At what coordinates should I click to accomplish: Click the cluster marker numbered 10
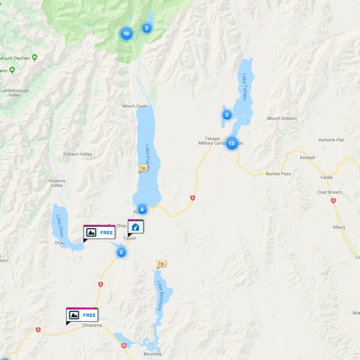pos(126,33)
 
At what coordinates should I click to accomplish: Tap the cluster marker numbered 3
pos(146,28)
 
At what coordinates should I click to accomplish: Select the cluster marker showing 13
pos(231,143)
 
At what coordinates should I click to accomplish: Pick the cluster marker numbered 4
pos(142,210)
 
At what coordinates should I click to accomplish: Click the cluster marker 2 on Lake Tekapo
pos(227,114)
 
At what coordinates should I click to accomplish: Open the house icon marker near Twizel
pos(135,228)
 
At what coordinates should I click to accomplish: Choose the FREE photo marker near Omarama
pos(82,315)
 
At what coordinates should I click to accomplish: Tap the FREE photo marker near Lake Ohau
pos(99,233)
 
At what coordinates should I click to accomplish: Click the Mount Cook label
pos(135,107)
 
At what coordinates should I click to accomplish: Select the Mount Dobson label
pos(282,119)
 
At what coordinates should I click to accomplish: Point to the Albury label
pos(338,228)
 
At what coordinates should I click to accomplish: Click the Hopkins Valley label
pos(57,183)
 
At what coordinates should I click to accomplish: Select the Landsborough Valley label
pos(15,94)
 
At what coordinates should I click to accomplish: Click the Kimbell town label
pos(307,157)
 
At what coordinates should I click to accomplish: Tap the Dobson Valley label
pos(78,154)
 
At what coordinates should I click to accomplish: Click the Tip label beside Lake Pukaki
pos(143,168)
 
